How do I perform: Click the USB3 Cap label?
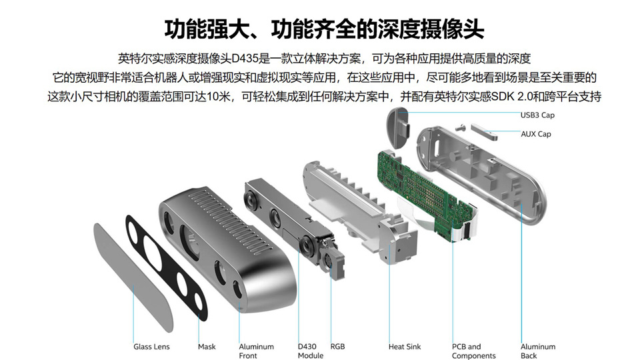(x=537, y=115)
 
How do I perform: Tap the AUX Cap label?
(x=535, y=134)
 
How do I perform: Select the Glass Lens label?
(x=151, y=347)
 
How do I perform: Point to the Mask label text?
(x=207, y=347)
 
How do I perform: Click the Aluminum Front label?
(x=256, y=351)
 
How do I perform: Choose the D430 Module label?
(x=310, y=351)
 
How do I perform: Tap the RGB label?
(x=337, y=347)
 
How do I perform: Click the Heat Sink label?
(x=405, y=347)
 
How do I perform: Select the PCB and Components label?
(x=473, y=351)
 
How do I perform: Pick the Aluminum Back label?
(x=538, y=351)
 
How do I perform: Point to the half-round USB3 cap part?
(x=397, y=127)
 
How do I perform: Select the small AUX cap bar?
(x=484, y=131)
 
